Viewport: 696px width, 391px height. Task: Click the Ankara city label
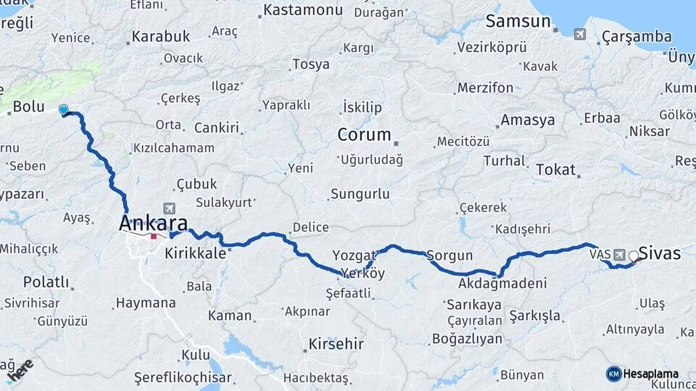(x=153, y=222)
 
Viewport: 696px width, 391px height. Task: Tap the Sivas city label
(x=660, y=253)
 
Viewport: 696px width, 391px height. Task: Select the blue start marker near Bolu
(x=63, y=109)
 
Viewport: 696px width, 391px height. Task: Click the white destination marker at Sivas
(x=634, y=256)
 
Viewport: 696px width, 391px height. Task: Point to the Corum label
(x=364, y=135)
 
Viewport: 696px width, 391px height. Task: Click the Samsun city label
(x=518, y=21)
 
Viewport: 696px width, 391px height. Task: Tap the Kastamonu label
(x=302, y=10)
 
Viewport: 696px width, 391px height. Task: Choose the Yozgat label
(x=355, y=255)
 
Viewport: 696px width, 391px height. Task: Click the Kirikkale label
(x=196, y=253)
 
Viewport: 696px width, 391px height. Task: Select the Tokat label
(x=556, y=169)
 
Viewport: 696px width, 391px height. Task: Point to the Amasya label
(x=527, y=120)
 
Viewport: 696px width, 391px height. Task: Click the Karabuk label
(x=161, y=35)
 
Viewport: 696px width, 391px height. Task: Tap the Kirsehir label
(x=336, y=343)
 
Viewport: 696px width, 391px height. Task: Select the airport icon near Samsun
(x=579, y=33)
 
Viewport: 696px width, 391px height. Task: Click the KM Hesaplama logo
(x=642, y=374)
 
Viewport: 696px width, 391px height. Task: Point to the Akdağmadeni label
(x=502, y=283)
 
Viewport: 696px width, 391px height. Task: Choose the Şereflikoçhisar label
(x=183, y=377)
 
